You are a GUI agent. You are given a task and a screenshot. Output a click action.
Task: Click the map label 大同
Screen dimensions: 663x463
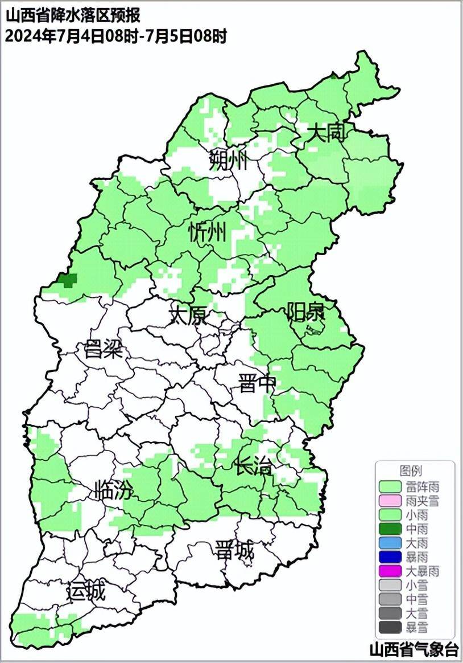point(326,134)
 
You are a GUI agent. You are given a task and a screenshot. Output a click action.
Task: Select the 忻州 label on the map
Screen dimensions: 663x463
point(208,232)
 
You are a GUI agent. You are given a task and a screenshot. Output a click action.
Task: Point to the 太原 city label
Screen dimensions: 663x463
point(189,314)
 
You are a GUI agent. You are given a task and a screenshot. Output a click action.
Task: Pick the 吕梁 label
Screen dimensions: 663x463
point(104,348)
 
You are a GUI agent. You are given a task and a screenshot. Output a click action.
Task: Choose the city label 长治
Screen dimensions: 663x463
point(254,466)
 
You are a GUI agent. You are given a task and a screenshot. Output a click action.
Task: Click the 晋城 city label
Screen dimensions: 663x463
point(234,551)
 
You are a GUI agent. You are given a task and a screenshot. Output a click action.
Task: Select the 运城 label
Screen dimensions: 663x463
point(86,592)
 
